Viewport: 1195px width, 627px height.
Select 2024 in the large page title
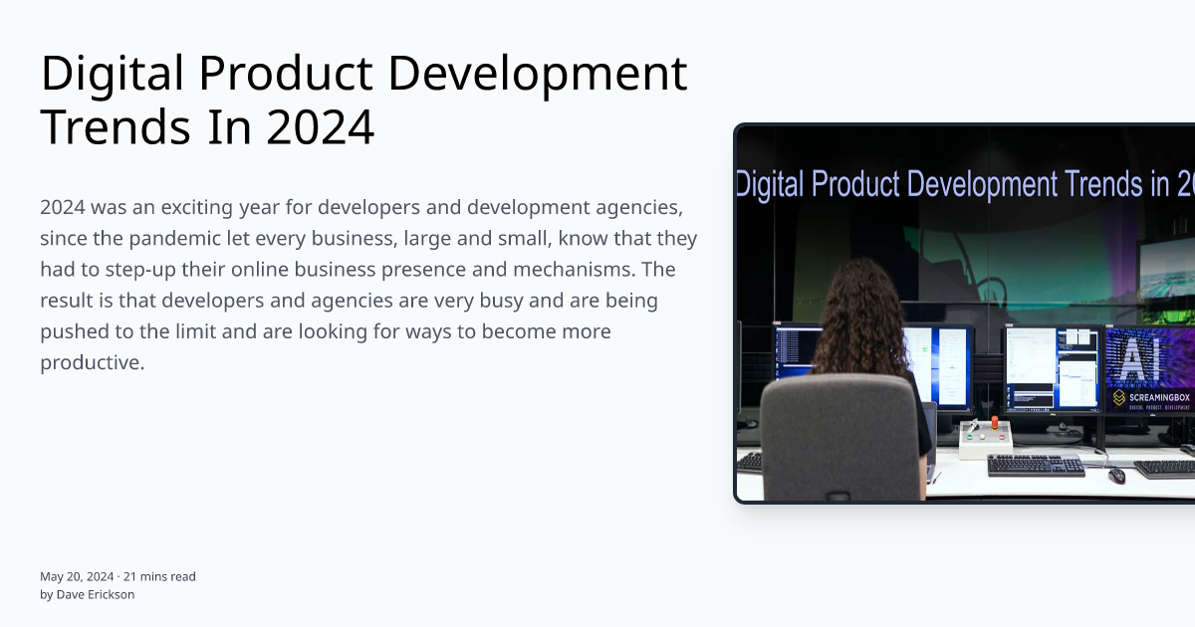click(321, 127)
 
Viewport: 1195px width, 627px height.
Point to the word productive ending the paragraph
click(92, 362)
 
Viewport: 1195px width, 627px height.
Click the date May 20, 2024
click(77, 576)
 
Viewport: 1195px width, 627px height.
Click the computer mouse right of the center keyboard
click(1116, 475)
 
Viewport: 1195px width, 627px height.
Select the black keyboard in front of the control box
click(1035, 465)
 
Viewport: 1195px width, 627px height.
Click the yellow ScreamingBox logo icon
click(1118, 398)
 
